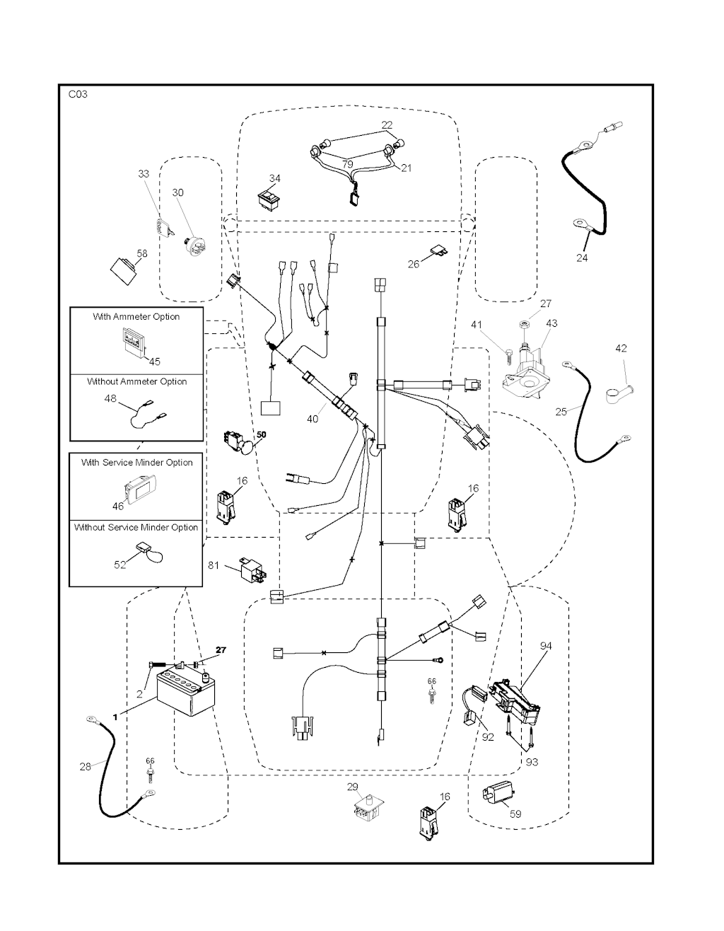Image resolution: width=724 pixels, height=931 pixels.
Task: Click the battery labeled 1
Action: (186, 693)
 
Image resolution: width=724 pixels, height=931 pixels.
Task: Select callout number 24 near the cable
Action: (582, 258)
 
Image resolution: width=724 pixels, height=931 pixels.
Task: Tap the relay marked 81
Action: (253, 568)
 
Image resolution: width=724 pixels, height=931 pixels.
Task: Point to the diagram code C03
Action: (78, 94)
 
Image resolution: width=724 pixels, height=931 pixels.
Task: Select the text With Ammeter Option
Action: (136, 316)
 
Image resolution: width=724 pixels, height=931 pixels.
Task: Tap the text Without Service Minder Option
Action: (136, 527)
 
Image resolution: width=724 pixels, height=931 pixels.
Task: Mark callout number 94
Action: (546, 646)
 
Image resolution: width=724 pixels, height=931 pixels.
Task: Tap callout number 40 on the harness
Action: (313, 419)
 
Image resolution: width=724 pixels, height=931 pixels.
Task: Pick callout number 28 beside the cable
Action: (85, 767)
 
